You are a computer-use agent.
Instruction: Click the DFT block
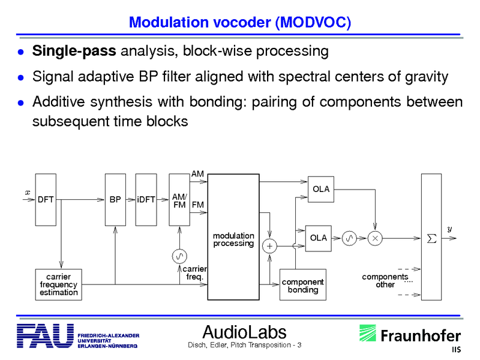coord(45,199)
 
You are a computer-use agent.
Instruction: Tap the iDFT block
coord(146,199)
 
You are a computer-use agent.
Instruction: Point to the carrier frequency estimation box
coord(59,284)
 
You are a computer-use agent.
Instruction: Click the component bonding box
coord(302,285)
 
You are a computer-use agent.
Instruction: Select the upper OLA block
coord(321,190)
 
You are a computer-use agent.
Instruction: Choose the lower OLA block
coord(319,238)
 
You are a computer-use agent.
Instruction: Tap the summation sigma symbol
coord(431,239)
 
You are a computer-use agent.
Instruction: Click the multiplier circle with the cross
coord(375,238)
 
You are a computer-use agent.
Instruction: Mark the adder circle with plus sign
coord(270,246)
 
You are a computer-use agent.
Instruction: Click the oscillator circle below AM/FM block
coord(179,257)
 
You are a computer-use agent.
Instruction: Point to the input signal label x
coord(26,192)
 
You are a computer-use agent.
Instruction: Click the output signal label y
coord(450,229)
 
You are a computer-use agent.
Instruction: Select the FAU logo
coord(44,337)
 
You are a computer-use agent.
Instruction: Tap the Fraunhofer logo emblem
coord(368,335)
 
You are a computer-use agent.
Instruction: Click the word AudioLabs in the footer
coord(244,332)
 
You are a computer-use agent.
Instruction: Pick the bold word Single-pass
coord(74,51)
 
